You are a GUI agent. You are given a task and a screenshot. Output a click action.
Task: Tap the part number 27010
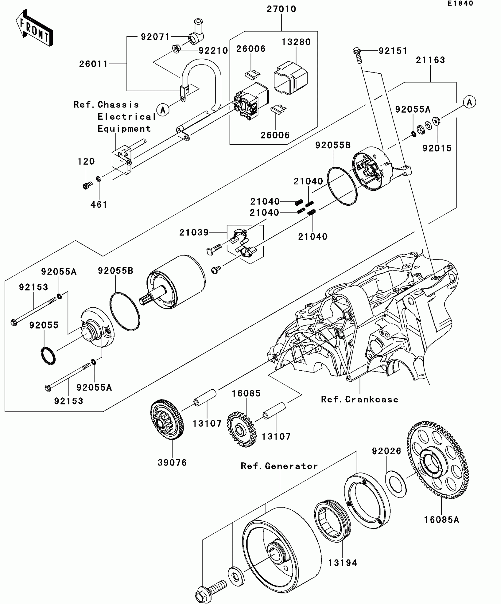click(281, 9)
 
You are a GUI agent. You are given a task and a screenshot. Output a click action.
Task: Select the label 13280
click(296, 42)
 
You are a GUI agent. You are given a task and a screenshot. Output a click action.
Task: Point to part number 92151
click(393, 51)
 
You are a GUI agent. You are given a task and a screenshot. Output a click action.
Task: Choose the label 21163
click(430, 60)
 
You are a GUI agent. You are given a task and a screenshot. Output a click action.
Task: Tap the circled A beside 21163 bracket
click(469, 102)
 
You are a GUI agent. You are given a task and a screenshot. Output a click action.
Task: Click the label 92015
click(437, 148)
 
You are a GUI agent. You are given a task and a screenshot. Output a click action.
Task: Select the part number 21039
click(194, 232)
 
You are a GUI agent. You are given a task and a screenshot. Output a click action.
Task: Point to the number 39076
click(172, 463)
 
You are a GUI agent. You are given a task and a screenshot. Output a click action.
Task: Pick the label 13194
click(343, 563)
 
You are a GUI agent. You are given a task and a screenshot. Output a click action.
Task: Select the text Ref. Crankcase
click(360, 400)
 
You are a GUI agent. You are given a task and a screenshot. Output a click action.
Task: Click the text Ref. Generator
click(279, 466)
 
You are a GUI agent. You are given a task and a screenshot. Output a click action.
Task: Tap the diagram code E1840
click(460, 4)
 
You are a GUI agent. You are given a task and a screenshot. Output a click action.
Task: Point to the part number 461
click(99, 204)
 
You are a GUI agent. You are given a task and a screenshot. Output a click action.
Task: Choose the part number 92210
click(213, 51)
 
